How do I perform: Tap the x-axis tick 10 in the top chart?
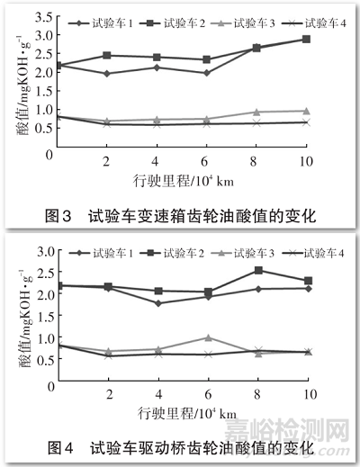coord(305,162)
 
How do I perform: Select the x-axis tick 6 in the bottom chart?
coord(208,395)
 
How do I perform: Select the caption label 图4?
coord(64,447)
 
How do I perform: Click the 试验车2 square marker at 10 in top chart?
coord(306,40)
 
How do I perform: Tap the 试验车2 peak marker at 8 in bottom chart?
coord(258,270)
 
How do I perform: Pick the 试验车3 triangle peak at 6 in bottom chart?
coord(208,337)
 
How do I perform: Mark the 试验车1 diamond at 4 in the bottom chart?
coord(158,303)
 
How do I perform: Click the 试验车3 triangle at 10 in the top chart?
coord(306,111)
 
